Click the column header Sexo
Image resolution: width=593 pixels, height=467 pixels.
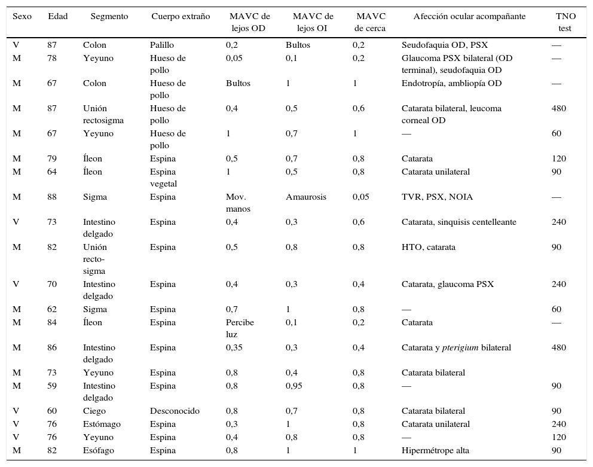(22, 16)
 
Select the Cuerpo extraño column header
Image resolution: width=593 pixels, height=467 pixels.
(181, 16)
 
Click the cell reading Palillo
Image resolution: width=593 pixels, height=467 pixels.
(163, 45)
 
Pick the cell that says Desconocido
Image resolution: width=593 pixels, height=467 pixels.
(175, 411)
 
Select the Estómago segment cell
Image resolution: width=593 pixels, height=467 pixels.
(102, 424)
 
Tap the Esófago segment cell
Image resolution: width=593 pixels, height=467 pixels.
(98, 450)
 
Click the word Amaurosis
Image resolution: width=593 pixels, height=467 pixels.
(305, 197)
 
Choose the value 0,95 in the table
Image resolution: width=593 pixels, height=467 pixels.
(294, 386)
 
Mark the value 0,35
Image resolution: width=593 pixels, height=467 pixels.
(236, 347)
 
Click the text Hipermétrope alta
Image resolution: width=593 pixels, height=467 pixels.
(435, 450)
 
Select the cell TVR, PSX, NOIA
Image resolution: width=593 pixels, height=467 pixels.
(437, 197)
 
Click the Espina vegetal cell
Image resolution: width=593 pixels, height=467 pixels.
(163, 178)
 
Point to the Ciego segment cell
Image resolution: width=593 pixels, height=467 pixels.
(94, 411)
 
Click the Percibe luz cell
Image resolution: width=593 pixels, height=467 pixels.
(240, 328)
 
